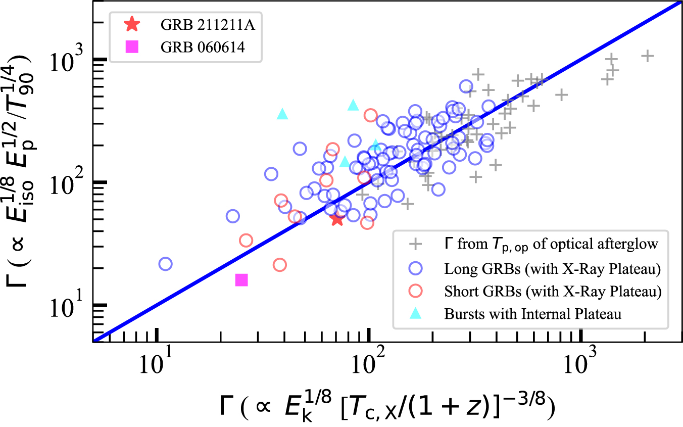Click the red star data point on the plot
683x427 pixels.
[x=337, y=219]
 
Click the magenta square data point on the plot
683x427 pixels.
[x=241, y=280]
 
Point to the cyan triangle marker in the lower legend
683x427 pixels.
[x=415, y=313]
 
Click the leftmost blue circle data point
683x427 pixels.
[x=165, y=264]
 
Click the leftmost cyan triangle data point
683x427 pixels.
[x=282, y=114]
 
